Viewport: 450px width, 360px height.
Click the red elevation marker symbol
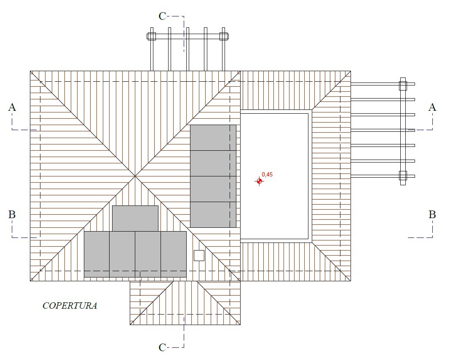point(260,181)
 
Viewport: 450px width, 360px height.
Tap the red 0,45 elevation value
point(267,174)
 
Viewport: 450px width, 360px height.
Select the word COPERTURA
point(70,306)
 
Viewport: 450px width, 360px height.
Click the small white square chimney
point(199,256)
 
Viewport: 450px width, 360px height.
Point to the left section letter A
point(12,107)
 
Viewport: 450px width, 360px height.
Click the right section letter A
point(432,107)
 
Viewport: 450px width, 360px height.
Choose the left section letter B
point(12,214)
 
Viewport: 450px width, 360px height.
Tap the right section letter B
point(432,214)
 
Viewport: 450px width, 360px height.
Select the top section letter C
point(163,16)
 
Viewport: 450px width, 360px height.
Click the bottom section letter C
point(163,347)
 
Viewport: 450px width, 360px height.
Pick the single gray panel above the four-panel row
point(135,218)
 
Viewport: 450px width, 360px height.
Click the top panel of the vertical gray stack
point(213,137)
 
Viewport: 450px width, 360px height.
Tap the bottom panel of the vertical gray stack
point(213,215)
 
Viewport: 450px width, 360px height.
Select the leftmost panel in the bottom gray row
point(97,254)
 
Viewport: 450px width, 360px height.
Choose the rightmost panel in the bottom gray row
point(174,254)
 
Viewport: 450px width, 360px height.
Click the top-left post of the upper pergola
point(152,36)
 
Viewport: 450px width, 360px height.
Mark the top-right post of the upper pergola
point(224,36)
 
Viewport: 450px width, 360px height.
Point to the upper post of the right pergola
point(403,85)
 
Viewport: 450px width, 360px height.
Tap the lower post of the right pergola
point(403,175)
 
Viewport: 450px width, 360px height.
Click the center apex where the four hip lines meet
point(135,176)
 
